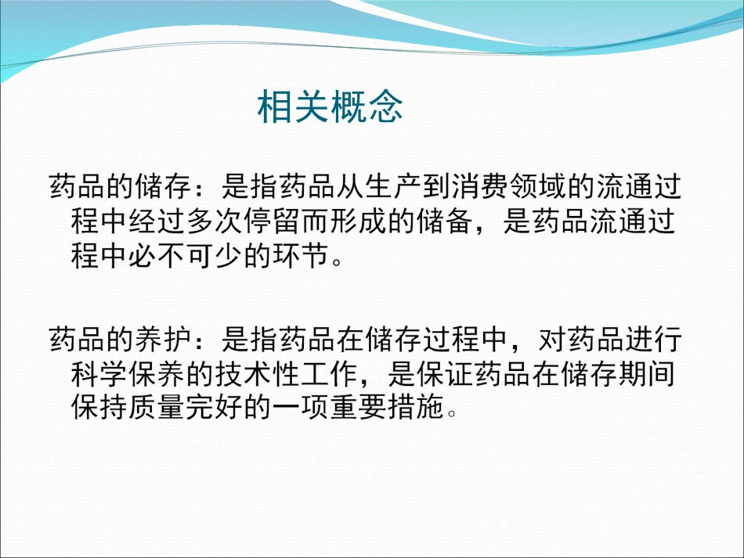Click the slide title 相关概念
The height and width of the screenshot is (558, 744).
(330, 107)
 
